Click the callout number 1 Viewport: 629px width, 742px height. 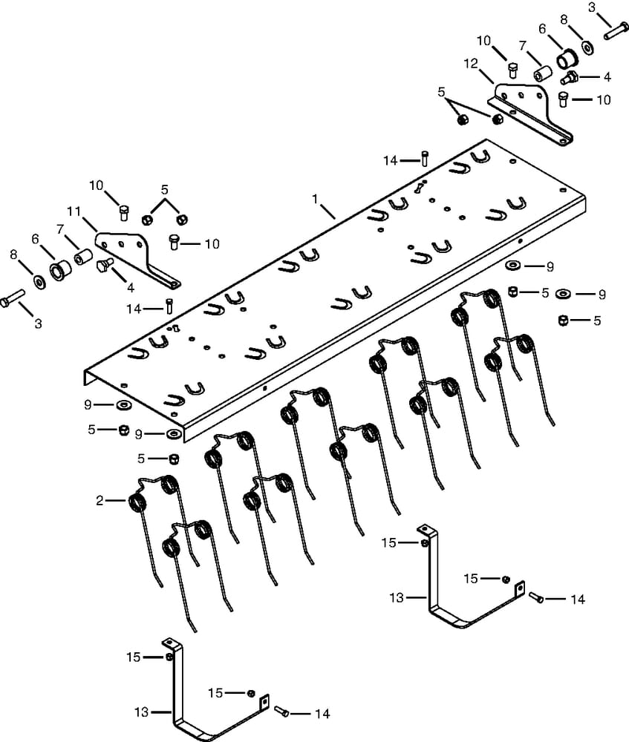click(x=315, y=200)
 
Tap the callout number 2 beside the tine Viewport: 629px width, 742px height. click(x=100, y=501)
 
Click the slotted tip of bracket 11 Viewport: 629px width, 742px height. click(x=175, y=283)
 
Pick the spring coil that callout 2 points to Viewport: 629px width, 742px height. click(x=138, y=502)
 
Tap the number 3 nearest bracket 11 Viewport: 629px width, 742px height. click(x=39, y=324)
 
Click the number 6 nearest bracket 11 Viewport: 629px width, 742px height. click(x=35, y=238)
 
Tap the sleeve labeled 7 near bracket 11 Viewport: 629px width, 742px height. click(x=82, y=263)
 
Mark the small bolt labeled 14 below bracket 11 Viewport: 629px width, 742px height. click(x=169, y=304)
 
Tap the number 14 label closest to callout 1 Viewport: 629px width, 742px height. click(x=391, y=160)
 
